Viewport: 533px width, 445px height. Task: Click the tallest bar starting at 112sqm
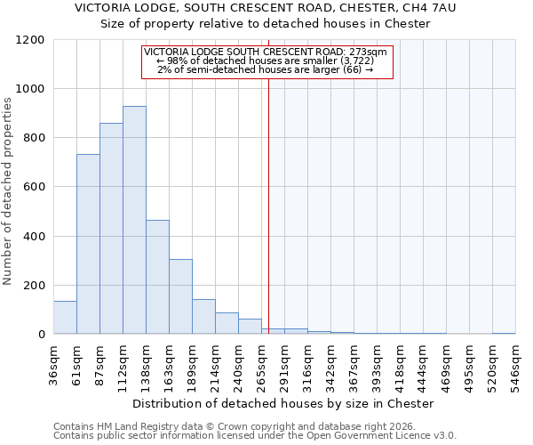(x=134, y=220)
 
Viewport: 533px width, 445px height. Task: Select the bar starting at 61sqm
(x=88, y=244)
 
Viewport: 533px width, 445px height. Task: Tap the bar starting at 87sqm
(x=111, y=229)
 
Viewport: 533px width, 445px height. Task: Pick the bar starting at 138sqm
(x=157, y=277)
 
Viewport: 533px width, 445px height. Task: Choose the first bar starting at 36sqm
(x=65, y=317)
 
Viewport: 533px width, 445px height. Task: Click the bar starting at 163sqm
(x=180, y=296)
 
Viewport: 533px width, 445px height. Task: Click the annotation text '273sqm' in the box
(x=369, y=53)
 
